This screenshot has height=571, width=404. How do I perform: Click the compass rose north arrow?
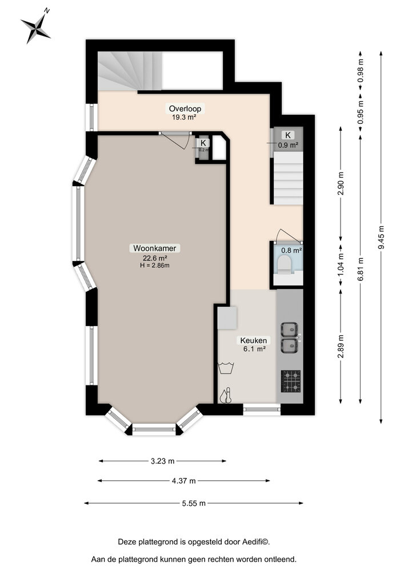click(x=35, y=26)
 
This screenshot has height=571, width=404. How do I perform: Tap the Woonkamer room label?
click(x=155, y=248)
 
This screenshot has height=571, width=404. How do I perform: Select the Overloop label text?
click(x=185, y=108)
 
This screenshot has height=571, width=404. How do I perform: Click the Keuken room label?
click(x=252, y=340)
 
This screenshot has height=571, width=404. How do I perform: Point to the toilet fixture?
click(x=283, y=265)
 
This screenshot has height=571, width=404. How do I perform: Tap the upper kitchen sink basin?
click(x=289, y=329)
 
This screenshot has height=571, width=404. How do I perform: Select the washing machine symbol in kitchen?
click(x=226, y=368)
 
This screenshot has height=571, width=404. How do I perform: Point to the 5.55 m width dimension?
click(x=194, y=503)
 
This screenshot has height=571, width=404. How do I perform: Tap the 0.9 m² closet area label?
click(x=288, y=145)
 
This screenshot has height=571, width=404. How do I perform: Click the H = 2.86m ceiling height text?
click(x=155, y=265)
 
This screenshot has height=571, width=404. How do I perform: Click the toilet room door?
click(x=285, y=235)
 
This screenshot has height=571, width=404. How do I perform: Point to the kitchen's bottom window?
click(x=261, y=408)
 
